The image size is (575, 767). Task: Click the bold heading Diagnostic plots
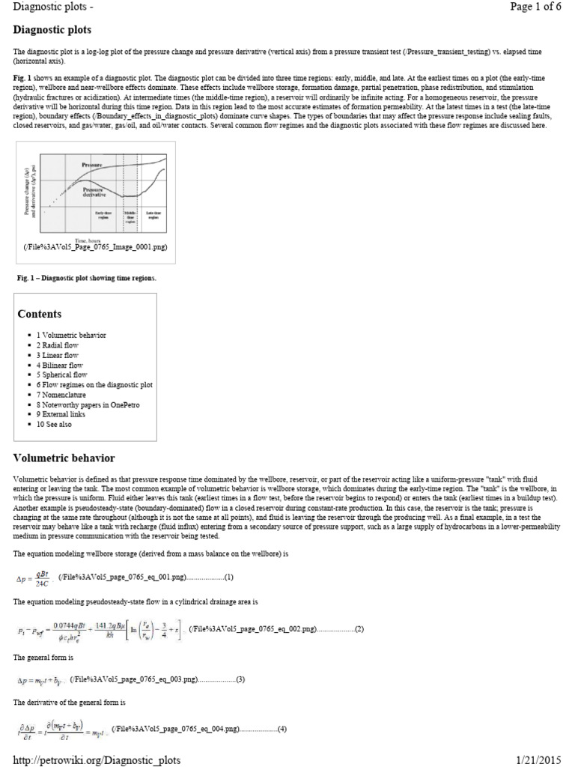[52, 31]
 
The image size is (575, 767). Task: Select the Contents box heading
[40, 314]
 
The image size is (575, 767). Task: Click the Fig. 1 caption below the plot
[87, 278]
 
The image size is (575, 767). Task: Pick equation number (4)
[282, 730]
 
